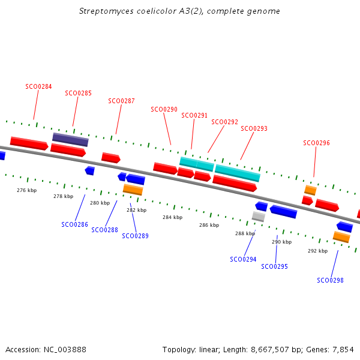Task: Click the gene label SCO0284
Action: (38, 86)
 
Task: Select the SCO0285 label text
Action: (78, 94)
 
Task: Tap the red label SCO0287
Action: (121, 101)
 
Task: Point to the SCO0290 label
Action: (164, 110)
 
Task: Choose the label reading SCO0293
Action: (254, 128)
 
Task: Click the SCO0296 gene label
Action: (316, 143)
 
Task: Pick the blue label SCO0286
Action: (74, 225)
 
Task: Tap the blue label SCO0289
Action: (135, 236)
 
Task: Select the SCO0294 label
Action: (243, 259)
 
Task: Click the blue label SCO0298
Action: (330, 280)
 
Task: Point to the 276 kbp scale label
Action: (26, 190)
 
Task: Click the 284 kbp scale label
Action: (172, 217)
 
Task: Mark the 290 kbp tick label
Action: (281, 242)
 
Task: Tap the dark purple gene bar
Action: (70, 140)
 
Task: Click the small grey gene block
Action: (259, 216)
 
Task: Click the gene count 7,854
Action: (343, 349)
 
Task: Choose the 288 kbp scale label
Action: (245, 234)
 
